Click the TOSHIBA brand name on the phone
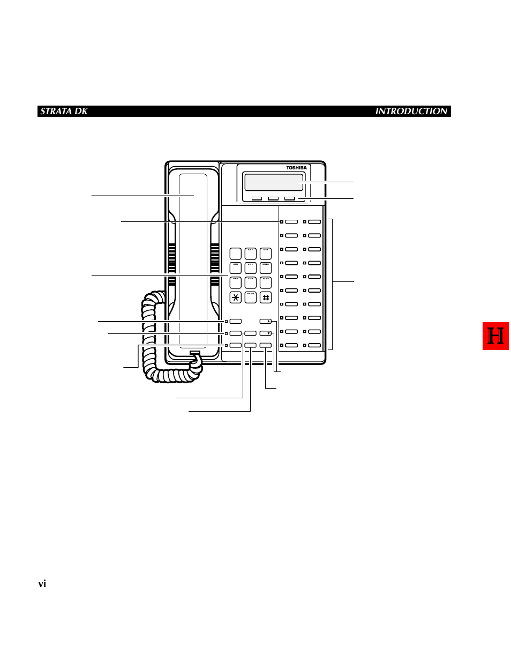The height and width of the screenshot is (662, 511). pos(296,168)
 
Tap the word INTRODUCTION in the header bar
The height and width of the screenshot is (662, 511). pos(411,111)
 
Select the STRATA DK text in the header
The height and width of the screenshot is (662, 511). pos(64,111)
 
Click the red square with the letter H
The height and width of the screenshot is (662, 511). pos(495,336)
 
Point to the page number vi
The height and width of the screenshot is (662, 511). pos(42,584)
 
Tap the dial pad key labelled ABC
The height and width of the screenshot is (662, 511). pos(251,254)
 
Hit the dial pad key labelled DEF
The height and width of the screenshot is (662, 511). pos(266,254)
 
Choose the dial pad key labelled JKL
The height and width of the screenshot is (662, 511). pos(251,267)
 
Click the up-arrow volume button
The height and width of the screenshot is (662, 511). pos(266,322)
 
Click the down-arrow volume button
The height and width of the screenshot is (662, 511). pos(266,333)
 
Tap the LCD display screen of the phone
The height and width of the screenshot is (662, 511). pos(274,182)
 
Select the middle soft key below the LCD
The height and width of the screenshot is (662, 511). pos(273,198)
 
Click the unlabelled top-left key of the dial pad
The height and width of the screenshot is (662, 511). pos(236,254)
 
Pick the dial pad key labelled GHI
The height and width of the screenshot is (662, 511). pos(236,267)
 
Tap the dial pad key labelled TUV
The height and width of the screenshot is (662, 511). pos(251,282)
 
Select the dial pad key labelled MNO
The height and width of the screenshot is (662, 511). pos(266,267)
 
